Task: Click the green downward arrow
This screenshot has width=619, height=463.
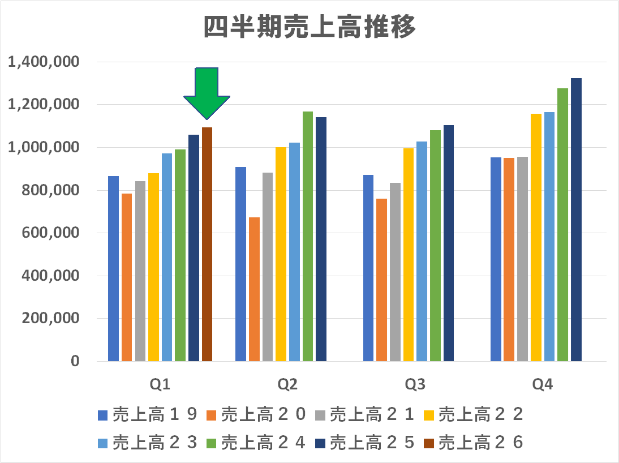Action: [x=207, y=91]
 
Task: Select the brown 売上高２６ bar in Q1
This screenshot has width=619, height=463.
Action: [x=207, y=243]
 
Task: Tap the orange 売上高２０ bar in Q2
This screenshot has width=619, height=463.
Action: [x=254, y=289]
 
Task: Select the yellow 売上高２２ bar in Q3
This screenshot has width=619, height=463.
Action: [x=409, y=255]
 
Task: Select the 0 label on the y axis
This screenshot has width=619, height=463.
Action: [x=75, y=361]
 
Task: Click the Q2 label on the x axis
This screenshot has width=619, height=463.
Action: [x=287, y=385]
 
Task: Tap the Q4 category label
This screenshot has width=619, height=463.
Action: [x=542, y=385]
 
